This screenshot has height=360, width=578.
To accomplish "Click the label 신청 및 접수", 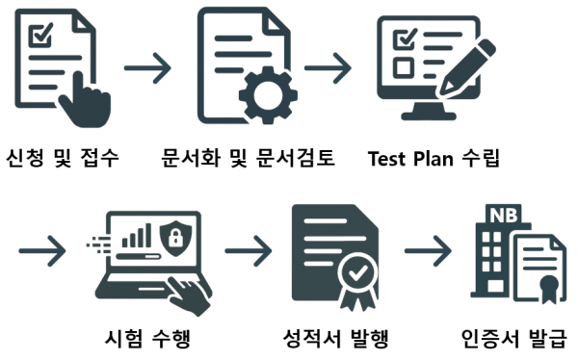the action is (x=64, y=157).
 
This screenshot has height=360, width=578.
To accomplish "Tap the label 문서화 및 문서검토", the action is (x=248, y=157).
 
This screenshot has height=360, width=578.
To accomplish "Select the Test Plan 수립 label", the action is (x=433, y=157).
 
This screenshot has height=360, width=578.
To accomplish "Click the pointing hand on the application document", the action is (x=84, y=101).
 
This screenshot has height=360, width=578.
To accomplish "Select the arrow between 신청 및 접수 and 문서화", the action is (x=147, y=69).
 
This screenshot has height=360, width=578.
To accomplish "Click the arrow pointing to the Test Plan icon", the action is (x=327, y=69).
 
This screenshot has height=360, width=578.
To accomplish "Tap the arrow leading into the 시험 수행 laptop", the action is (x=43, y=253).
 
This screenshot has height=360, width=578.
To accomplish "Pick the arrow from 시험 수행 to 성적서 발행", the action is (x=248, y=253).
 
